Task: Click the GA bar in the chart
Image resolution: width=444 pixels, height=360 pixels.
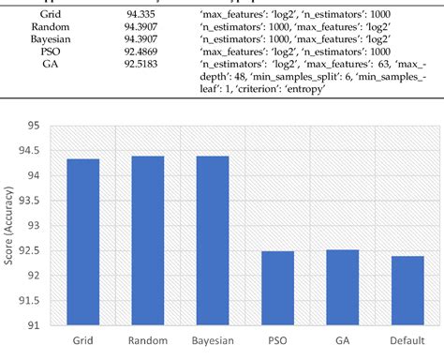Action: [345, 287]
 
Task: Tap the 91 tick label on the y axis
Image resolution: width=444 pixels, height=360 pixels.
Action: [36, 325]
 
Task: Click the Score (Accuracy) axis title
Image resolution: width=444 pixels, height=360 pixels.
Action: [10, 225]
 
